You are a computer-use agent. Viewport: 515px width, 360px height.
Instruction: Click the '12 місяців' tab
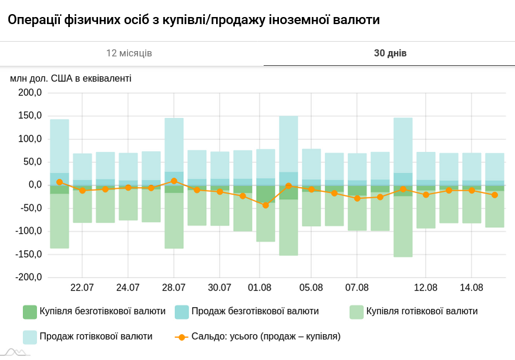129,53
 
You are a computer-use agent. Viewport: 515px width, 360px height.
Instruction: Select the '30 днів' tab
390,53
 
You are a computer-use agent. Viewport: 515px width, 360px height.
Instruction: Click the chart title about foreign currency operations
194,20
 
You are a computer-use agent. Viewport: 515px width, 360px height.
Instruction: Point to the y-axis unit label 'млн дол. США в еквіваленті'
70,78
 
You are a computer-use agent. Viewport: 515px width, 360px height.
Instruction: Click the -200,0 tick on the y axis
29,277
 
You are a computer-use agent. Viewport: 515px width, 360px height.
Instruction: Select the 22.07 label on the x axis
82,288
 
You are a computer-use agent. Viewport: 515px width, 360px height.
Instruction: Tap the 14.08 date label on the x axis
472,288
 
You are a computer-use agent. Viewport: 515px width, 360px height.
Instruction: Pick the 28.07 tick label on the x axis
174,288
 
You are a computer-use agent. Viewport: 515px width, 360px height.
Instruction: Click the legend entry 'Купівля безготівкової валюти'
94,311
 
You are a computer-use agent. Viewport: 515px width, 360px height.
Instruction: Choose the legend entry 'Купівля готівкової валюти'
413,311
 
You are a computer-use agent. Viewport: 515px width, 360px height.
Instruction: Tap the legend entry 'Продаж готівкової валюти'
88,337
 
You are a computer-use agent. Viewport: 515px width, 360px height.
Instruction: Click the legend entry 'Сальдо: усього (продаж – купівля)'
258,337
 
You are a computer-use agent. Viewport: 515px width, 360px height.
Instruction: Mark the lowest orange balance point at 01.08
265,205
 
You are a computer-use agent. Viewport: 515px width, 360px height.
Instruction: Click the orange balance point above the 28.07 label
174,181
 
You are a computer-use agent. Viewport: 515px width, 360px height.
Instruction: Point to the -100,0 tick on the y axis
29,231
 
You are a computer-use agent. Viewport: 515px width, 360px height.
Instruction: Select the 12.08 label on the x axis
426,288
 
